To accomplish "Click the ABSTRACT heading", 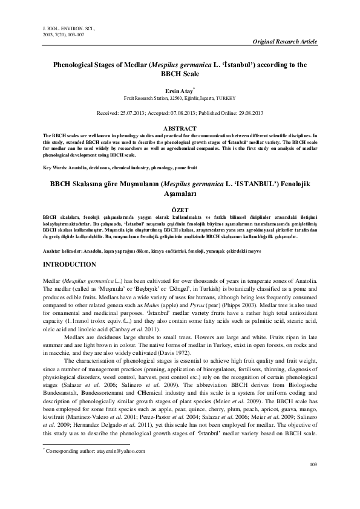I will tap(180, 129).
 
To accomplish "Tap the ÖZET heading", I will tap(180, 207).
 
